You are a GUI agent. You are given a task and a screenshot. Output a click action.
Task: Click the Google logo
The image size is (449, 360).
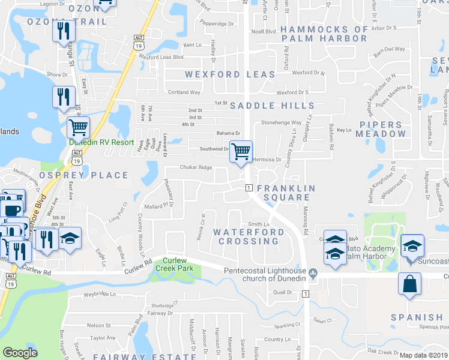click(x=20, y=353)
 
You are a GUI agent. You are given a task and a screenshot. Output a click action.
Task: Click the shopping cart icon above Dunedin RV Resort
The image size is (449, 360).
click(x=78, y=127)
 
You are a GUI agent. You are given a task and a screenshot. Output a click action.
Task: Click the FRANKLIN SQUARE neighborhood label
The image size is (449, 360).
click(x=286, y=193)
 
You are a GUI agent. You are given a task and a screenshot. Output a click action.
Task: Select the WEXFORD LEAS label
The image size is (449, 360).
click(x=230, y=74)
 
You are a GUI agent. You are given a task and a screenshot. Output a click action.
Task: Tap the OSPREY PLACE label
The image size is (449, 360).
click(x=84, y=175)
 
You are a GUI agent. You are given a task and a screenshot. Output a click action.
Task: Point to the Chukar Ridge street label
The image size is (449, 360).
click(x=196, y=167)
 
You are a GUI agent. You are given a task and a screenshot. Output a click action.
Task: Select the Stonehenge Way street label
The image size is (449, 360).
click(x=280, y=122)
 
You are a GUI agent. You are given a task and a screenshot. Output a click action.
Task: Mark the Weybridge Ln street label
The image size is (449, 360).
click(x=99, y=294)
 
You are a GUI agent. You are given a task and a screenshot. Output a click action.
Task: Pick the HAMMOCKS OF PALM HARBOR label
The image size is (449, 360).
click(x=323, y=34)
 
